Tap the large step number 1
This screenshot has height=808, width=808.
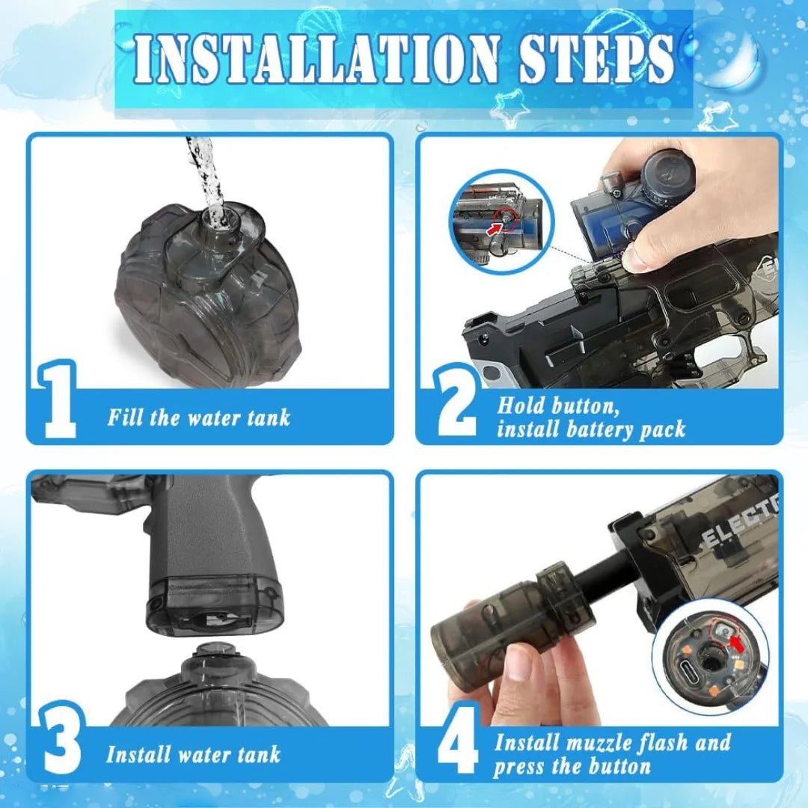pyautogui.click(x=60, y=400)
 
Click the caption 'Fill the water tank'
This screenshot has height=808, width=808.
pyautogui.click(x=198, y=417)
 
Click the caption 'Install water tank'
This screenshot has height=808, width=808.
pyautogui.click(x=193, y=754)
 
